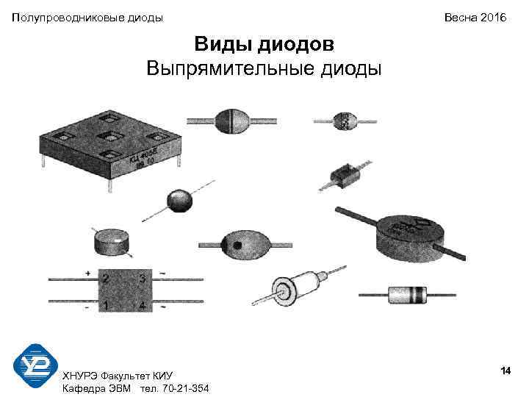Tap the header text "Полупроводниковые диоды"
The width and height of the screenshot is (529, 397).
tap(87, 17)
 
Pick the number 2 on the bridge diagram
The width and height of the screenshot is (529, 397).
tap(106, 279)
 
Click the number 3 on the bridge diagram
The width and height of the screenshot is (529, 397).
tap(143, 279)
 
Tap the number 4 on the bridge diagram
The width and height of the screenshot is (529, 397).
tap(143, 304)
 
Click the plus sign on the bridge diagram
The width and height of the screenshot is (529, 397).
tap(88, 273)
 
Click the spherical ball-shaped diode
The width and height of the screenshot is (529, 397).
tap(179, 201)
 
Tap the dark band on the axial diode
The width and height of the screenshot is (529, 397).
tap(420, 296)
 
